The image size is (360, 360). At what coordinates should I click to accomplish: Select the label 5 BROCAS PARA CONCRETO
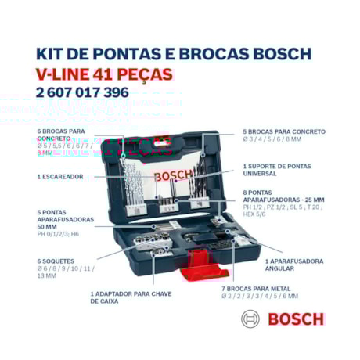pos(284,131)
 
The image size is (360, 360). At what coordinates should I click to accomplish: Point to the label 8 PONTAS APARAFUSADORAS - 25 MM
pos(283,196)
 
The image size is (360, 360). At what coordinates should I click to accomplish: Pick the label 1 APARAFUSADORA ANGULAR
pos(293,264)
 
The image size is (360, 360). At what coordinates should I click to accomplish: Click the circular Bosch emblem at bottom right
pos(251,319)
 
